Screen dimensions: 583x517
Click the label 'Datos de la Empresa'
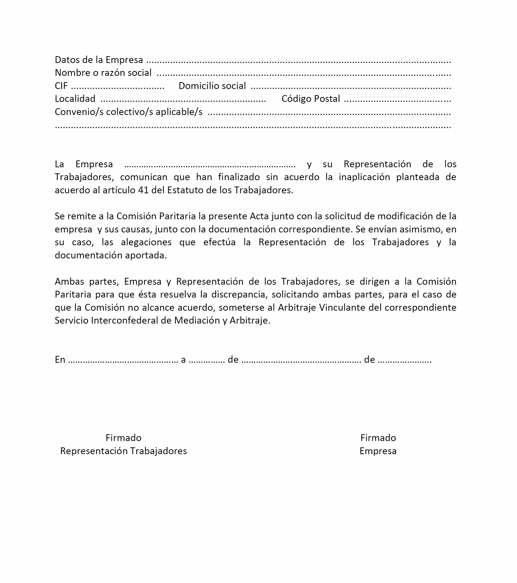coord(99,60)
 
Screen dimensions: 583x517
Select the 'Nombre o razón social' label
coord(103,73)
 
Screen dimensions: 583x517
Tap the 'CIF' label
coord(61,86)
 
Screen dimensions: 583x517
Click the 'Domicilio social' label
coord(212,86)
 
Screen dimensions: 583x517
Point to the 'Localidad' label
coord(75,99)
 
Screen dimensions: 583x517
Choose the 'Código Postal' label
coord(310,99)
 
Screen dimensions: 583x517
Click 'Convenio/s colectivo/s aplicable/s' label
coord(128,112)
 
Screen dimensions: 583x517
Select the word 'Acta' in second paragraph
coord(259,216)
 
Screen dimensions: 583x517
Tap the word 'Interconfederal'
coord(125,321)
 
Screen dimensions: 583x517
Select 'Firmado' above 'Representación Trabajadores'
coord(123,438)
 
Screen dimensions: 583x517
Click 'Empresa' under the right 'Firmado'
coord(378,451)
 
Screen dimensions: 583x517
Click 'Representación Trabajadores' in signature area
coord(123,451)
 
